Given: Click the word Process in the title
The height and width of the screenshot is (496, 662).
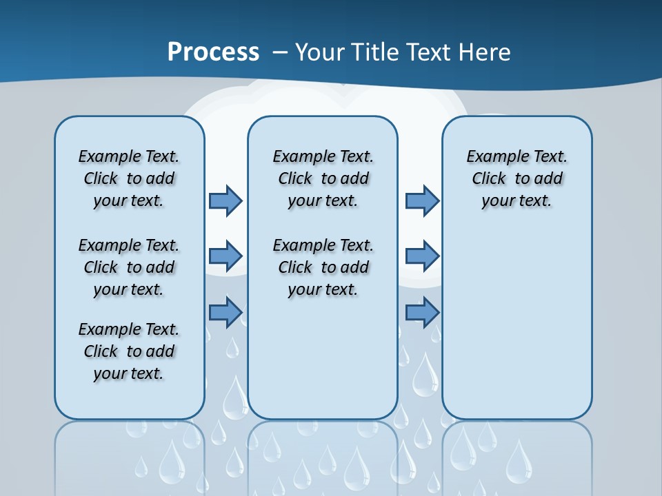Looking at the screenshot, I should point(213,52).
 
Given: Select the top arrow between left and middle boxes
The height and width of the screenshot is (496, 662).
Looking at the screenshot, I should point(225,200).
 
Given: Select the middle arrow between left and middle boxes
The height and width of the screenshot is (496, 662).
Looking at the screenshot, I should point(225,256).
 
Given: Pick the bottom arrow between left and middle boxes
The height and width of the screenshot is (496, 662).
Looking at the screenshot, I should point(225,313).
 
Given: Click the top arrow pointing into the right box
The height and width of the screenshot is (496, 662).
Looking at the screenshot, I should point(422,200).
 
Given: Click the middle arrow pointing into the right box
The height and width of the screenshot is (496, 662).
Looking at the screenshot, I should point(422,256).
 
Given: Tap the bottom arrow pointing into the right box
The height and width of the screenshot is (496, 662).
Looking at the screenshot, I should point(422,313).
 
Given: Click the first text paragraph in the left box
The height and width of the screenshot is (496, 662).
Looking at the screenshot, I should point(129,178).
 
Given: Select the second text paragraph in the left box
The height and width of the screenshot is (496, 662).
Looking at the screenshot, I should point(129,267).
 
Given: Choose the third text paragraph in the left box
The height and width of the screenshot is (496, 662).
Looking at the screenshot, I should point(129,351).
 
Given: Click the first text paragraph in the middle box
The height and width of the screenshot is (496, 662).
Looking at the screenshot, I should point(323,178).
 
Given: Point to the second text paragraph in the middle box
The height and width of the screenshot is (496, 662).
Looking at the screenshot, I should point(323,267).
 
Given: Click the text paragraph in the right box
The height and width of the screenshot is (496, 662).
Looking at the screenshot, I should point(517,178).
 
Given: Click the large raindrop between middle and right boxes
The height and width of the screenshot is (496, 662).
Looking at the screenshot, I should point(425,372).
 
